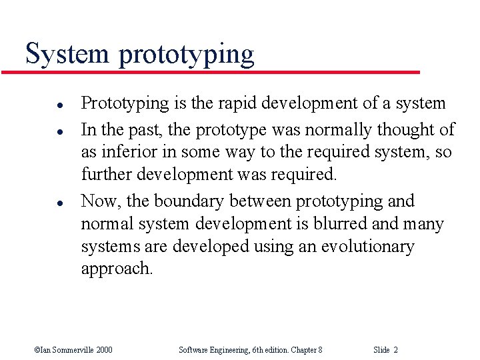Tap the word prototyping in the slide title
tap(186, 55)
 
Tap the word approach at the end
tap(116, 269)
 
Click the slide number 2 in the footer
tap(396, 349)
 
